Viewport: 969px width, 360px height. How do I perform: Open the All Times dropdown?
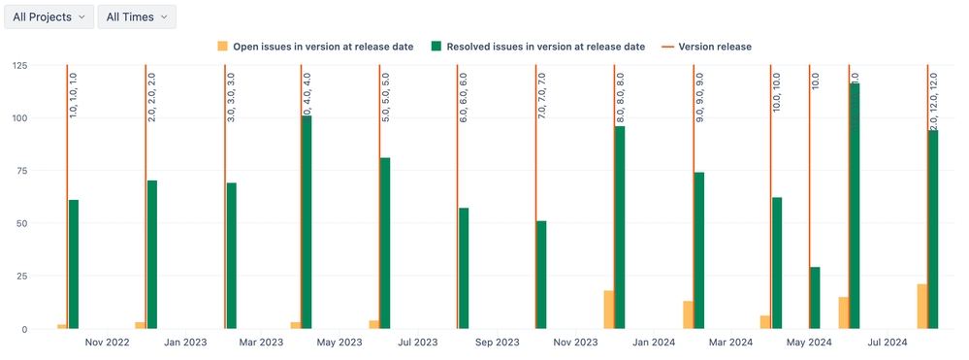137,16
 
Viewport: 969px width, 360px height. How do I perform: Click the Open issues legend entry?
315,46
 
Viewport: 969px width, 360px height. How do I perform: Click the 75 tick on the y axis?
20,171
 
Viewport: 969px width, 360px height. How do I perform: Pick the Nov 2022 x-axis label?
107,342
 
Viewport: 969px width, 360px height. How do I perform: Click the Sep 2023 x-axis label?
497,342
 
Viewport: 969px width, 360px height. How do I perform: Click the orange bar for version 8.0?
609,310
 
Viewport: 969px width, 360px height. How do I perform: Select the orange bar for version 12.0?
921,307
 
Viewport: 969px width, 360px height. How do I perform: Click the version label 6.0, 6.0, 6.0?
464,95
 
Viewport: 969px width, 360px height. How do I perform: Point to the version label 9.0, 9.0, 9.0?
699,95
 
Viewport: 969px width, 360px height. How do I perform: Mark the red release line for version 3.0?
225,194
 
